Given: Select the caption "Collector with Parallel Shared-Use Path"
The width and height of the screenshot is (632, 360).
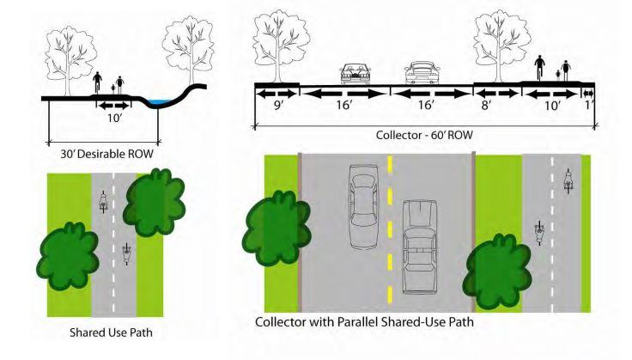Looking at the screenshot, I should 365,323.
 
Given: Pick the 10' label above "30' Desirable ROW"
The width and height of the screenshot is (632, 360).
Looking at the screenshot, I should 112,119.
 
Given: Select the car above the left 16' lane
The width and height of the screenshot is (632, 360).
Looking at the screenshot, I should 353,72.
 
